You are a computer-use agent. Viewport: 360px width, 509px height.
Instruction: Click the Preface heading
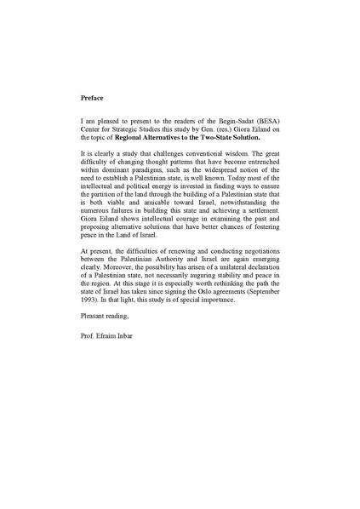(x=92, y=99)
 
